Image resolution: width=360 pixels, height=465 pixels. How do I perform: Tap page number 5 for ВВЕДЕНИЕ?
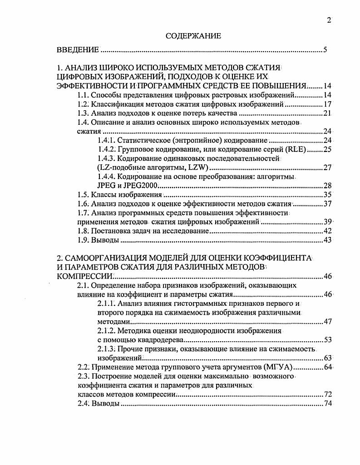[x=325, y=49]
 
